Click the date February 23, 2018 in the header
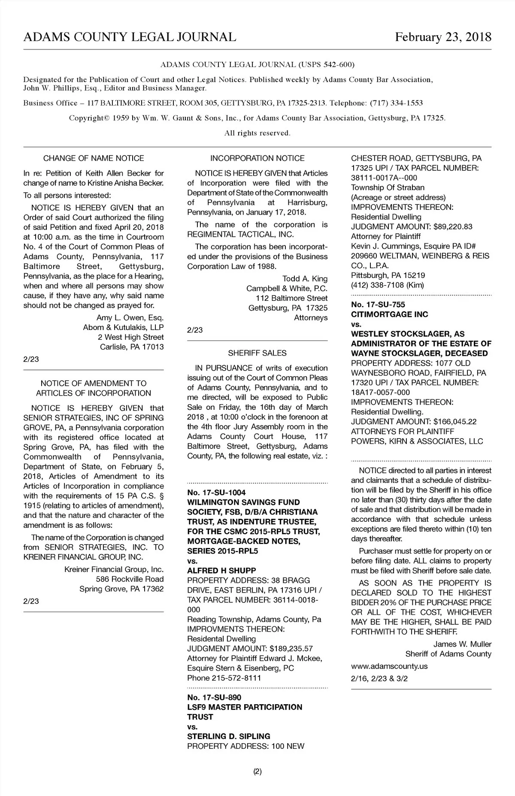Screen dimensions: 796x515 pyautogui.click(x=443, y=37)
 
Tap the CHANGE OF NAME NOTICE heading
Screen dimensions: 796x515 pyautogui.click(x=94, y=158)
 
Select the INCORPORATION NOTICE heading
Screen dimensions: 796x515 pyautogui.click(x=257, y=158)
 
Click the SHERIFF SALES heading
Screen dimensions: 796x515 pyautogui.click(x=257, y=353)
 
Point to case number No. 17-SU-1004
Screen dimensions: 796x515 pyautogui.click(x=216, y=492)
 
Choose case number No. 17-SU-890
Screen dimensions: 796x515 pyautogui.click(x=214, y=697)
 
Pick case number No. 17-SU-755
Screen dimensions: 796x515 pyautogui.click(x=378, y=305)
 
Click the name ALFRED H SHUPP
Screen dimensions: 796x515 pyautogui.click(x=221, y=571)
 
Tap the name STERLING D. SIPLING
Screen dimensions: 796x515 pyautogui.click(x=229, y=736)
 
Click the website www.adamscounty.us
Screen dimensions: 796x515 pyautogui.click(x=389, y=666)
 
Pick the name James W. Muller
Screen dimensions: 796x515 pyautogui.click(x=462, y=644)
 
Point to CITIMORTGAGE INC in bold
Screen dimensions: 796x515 pyautogui.click(x=390, y=315)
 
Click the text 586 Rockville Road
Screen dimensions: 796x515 pyautogui.click(x=130, y=579)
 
